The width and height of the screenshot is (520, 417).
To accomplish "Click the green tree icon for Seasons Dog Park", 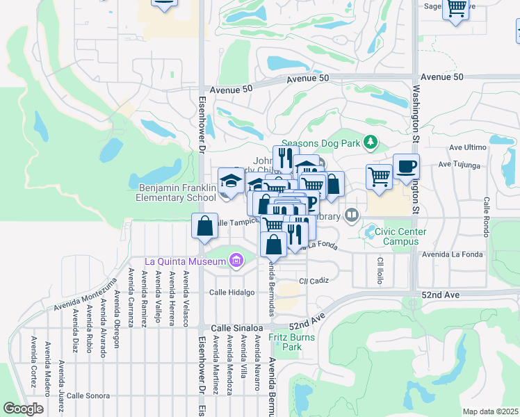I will click(x=371, y=142).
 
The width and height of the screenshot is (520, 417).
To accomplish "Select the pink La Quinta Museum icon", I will click(x=236, y=261).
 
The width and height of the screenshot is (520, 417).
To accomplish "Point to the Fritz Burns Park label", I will click(x=293, y=342).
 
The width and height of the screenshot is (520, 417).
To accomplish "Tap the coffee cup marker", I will click(x=406, y=167).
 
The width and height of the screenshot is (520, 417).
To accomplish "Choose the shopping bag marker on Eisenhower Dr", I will click(x=204, y=226).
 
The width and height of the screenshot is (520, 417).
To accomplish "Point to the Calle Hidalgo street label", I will click(x=232, y=293).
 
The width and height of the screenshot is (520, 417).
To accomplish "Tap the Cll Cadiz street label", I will click(x=314, y=280).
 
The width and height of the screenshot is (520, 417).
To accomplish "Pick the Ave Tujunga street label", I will click(x=459, y=165).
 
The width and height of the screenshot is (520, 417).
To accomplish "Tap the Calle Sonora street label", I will click(x=88, y=395).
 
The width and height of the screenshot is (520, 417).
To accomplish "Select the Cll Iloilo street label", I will click(x=380, y=271).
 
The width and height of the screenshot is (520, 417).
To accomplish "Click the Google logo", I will click(x=23, y=409).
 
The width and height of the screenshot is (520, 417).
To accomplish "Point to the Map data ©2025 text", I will click(x=491, y=411).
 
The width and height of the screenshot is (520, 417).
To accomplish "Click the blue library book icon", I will click(x=352, y=215).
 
